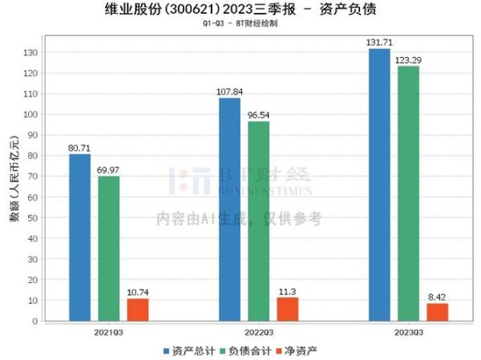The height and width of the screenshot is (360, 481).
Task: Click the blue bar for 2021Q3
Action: (x=79, y=237)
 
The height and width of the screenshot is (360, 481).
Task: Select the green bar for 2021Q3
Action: (x=109, y=249)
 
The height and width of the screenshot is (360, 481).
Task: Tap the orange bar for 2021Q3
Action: (x=138, y=309)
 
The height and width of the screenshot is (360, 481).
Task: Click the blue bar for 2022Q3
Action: (x=229, y=209)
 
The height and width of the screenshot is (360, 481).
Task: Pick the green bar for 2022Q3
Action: (x=259, y=221)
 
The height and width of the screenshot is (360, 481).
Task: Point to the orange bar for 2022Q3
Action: (x=288, y=309)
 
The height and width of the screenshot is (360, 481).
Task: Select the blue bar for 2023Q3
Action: (x=379, y=184)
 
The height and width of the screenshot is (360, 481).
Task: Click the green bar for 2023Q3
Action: (x=409, y=193)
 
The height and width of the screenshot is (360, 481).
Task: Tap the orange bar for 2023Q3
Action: (x=438, y=312)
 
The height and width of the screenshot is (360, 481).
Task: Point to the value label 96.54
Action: (x=259, y=115)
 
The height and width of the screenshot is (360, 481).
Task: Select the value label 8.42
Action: (x=438, y=297)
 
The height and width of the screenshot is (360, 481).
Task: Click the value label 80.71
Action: (x=79, y=147)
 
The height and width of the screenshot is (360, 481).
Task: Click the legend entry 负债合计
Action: (x=245, y=350)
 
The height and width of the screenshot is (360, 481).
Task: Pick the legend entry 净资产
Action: (x=297, y=350)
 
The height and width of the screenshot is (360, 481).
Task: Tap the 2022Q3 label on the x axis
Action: (x=258, y=330)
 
